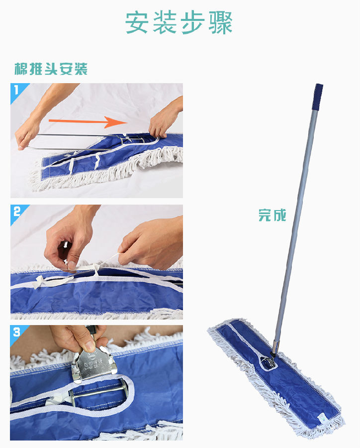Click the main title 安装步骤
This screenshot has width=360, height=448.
pos(179,23)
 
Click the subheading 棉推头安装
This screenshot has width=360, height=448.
pos(51,69)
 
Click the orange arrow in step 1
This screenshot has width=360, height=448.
pos(88,122)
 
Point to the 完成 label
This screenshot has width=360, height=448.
pos(272,215)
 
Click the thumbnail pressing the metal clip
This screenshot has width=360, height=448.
pos(90,346)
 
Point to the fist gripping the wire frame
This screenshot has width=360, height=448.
pos(27,135)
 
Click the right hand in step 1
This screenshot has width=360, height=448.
pos(164,120)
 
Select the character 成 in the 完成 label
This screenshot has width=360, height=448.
pos(280,215)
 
